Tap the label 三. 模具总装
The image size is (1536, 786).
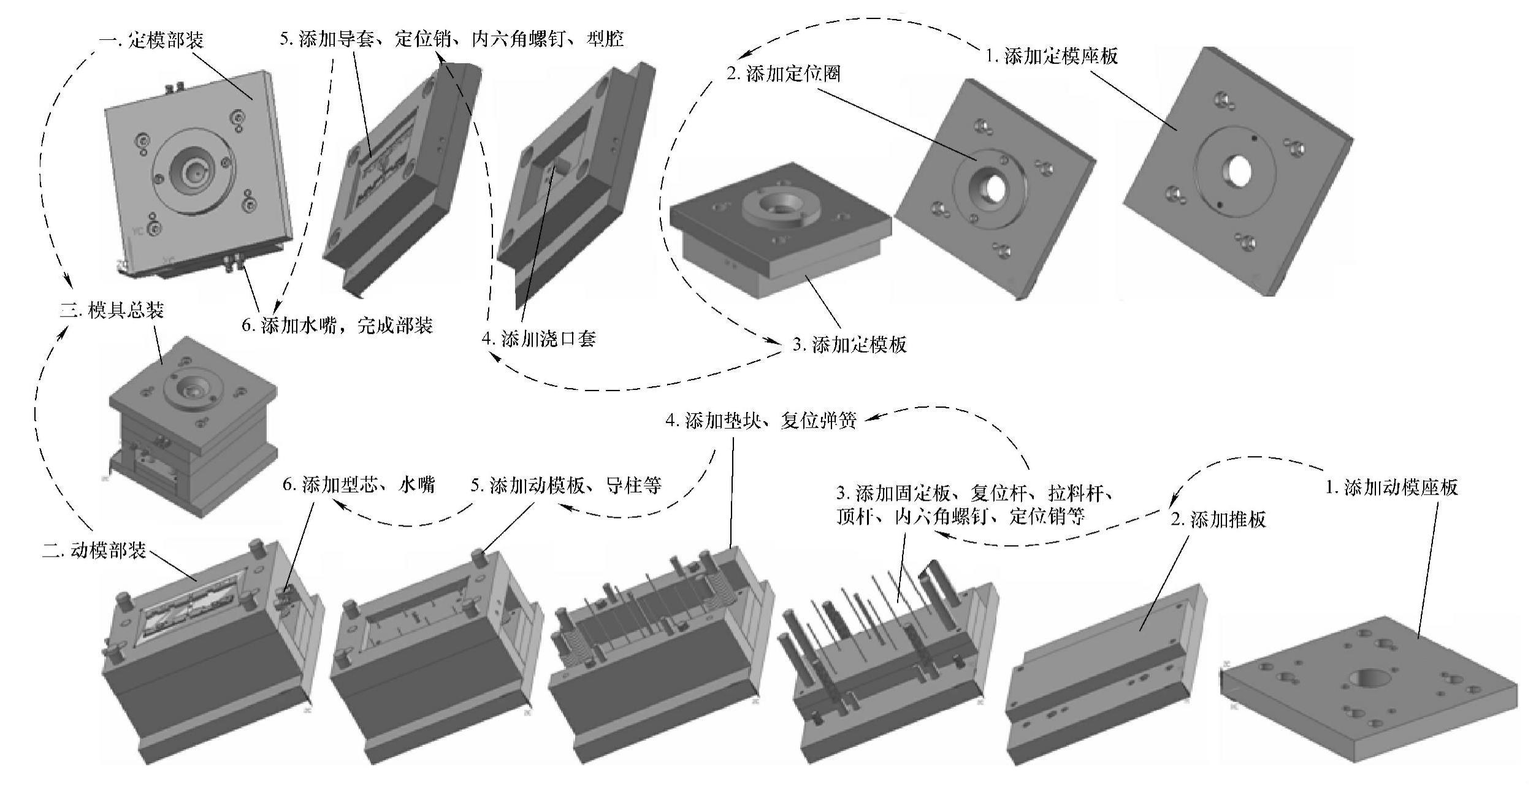coord(112,310)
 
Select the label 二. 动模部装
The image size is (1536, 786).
coord(94,550)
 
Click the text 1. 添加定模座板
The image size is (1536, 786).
coord(1051,56)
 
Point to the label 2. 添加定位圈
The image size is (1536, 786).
coord(783,74)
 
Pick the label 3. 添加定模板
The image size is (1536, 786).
coord(849,345)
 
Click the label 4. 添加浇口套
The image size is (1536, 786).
coord(539,338)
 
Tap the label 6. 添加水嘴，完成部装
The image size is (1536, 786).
coord(337,325)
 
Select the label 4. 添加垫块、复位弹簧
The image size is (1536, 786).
coord(760,421)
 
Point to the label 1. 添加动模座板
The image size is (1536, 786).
coord(1391,487)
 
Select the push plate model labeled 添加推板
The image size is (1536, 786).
coord(1104,668)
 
